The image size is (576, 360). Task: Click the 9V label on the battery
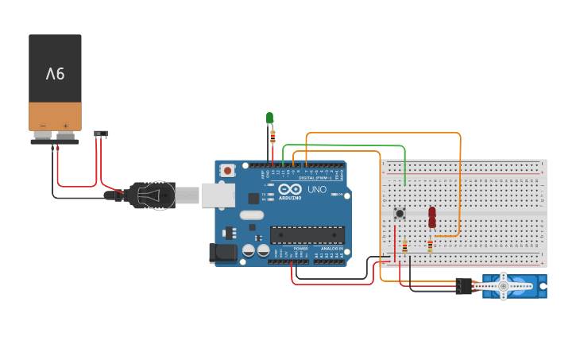(x=55, y=75)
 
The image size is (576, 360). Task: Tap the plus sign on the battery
(x=65, y=126)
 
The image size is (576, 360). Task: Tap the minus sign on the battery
(x=44, y=126)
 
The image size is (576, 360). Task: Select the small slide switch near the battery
(x=101, y=134)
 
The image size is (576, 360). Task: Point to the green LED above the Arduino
(x=269, y=118)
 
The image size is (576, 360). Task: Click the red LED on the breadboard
(x=432, y=216)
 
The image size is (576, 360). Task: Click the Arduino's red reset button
(x=228, y=170)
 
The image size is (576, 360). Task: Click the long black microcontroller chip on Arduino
(x=307, y=234)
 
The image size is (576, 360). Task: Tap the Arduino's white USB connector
(x=218, y=195)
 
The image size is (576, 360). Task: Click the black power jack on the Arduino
(x=222, y=253)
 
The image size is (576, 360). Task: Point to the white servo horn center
(x=503, y=286)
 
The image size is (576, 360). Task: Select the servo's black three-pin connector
(x=463, y=285)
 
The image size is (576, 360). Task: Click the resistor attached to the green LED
(x=273, y=137)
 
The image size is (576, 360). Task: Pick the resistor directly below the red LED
(x=430, y=246)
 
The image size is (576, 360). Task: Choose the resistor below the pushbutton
(x=404, y=247)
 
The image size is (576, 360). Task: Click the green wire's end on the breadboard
(x=405, y=184)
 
